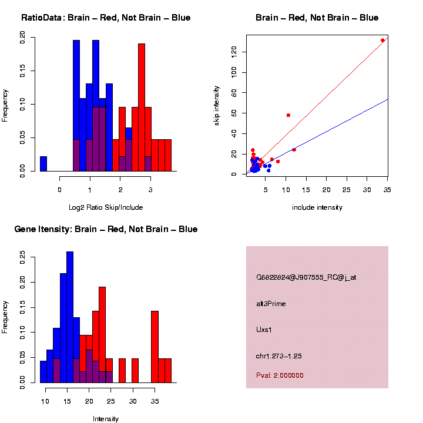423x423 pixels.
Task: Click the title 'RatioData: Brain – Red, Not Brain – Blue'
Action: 106,18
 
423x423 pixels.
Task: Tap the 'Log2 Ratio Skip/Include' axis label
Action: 106,207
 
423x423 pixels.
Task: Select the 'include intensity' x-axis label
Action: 317,207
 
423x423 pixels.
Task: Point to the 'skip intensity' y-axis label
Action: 217,105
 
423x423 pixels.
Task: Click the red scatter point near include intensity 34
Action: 382,41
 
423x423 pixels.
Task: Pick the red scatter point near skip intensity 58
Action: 288,115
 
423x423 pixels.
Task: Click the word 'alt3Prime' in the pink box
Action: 271,304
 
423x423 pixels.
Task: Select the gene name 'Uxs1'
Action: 264,330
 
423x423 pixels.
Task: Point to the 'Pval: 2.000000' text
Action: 280,375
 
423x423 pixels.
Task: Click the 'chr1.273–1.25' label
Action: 279,356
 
